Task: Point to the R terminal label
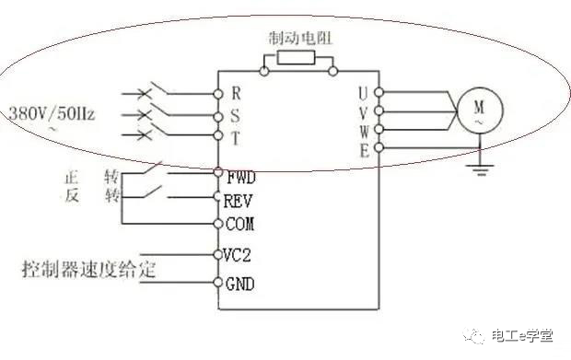click(236, 93)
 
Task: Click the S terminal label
click(236, 116)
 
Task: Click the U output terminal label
click(364, 93)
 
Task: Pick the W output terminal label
click(364, 131)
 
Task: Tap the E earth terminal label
click(364, 149)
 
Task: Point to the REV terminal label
click(239, 199)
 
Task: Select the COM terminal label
click(239, 224)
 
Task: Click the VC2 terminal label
click(239, 255)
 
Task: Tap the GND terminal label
click(239, 284)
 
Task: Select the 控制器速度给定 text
click(88, 271)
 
